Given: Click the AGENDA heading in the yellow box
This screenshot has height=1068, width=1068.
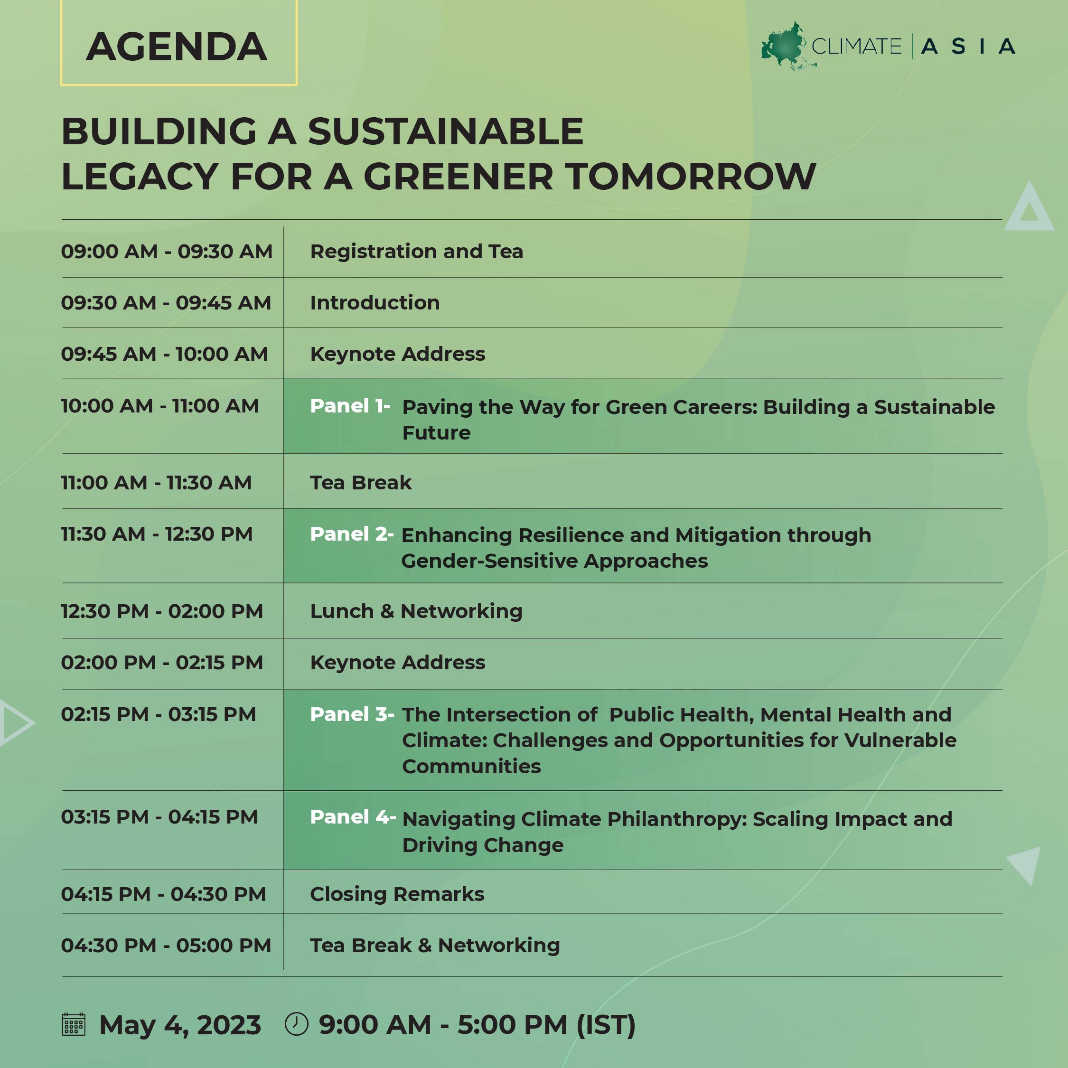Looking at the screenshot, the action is (x=177, y=47).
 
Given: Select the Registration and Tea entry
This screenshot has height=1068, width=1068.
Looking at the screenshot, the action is (x=416, y=252).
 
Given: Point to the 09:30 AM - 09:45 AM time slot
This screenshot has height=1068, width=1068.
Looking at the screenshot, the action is (x=166, y=303).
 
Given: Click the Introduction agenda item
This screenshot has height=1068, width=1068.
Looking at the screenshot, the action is (x=375, y=303).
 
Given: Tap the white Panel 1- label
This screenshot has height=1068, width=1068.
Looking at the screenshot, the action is (x=350, y=406).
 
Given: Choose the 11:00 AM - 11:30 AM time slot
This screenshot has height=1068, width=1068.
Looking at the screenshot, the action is (x=157, y=483).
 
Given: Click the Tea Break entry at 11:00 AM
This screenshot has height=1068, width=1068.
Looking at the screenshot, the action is (x=361, y=483).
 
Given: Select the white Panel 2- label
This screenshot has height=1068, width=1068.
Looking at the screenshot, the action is (x=352, y=534).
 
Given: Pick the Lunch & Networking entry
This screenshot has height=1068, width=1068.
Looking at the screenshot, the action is (x=416, y=611).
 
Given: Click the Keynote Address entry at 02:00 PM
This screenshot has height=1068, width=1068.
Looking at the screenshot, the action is (x=397, y=662).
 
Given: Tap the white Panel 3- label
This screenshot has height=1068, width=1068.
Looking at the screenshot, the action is (x=352, y=714).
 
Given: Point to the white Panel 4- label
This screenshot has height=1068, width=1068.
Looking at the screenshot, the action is (x=353, y=817).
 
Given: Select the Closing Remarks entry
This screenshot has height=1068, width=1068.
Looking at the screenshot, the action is (x=397, y=894).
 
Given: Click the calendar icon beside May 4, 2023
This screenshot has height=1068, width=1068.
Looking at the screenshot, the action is (x=74, y=1024).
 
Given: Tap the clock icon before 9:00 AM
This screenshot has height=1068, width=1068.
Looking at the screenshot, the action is (x=296, y=1024).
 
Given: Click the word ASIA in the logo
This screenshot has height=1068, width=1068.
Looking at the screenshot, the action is (x=968, y=47).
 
